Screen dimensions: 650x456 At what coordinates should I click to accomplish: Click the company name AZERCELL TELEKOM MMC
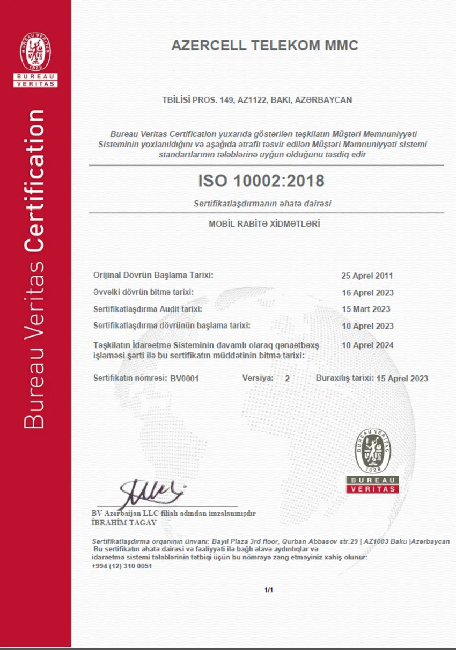point(264,46)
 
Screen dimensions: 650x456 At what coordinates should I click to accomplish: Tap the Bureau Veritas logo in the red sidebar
point(35,59)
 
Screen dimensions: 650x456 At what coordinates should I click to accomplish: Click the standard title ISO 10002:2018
point(261,181)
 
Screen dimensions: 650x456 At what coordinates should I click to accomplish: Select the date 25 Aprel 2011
point(367,276)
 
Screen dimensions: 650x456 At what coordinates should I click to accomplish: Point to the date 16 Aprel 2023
point(367,293)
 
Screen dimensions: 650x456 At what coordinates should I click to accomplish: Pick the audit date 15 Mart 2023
point(366,309)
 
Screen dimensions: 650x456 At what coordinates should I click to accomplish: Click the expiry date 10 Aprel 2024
point(367,345)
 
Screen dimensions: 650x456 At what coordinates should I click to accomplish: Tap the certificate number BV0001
point(185,378)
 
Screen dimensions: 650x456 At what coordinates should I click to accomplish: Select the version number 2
point(287,378)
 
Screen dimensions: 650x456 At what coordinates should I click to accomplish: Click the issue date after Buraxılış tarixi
point(402,378)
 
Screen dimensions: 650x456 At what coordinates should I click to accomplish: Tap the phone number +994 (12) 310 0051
point(122,566)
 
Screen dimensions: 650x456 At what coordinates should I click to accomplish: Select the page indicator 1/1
point(269,590)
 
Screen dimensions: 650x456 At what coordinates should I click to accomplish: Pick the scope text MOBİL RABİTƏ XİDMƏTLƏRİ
point(264,223)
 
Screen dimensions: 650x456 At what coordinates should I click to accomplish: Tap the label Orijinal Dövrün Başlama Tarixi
point(153,275)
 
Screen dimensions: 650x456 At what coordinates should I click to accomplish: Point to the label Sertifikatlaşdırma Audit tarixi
point(148,309)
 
